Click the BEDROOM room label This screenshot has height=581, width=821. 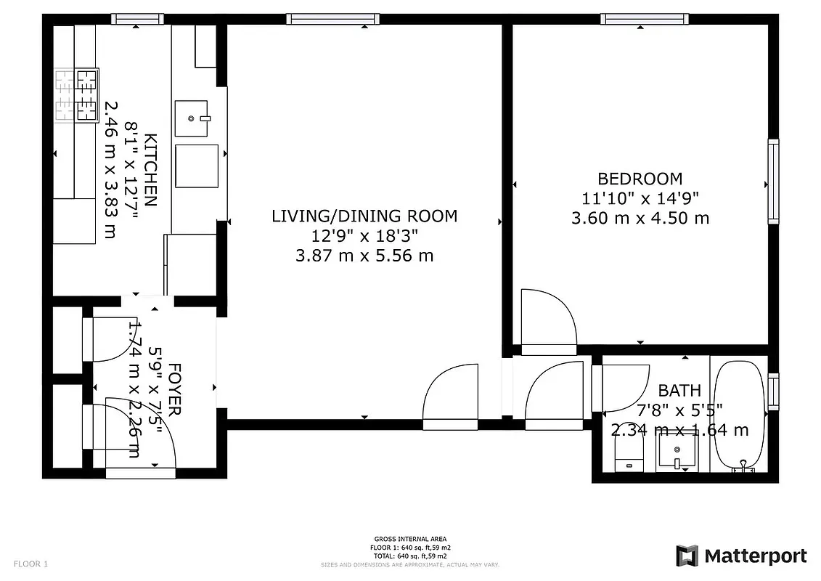coord(640,179)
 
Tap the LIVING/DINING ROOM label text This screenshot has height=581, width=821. coord(364,216)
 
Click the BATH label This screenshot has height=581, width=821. coord(679,390)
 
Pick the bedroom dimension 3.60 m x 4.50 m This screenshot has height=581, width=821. coord(640,218)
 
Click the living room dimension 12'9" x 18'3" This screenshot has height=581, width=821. coord(364,235)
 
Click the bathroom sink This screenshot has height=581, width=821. coord(677,453)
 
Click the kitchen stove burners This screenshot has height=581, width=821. coord(78,94)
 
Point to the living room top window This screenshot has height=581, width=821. coord(332,19)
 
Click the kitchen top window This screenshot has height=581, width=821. coord(136,19)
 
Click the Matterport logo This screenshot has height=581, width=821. coord(741,556)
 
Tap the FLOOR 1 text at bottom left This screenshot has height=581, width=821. coord(30,564)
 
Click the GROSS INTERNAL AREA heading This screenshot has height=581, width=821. coord(410,539)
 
